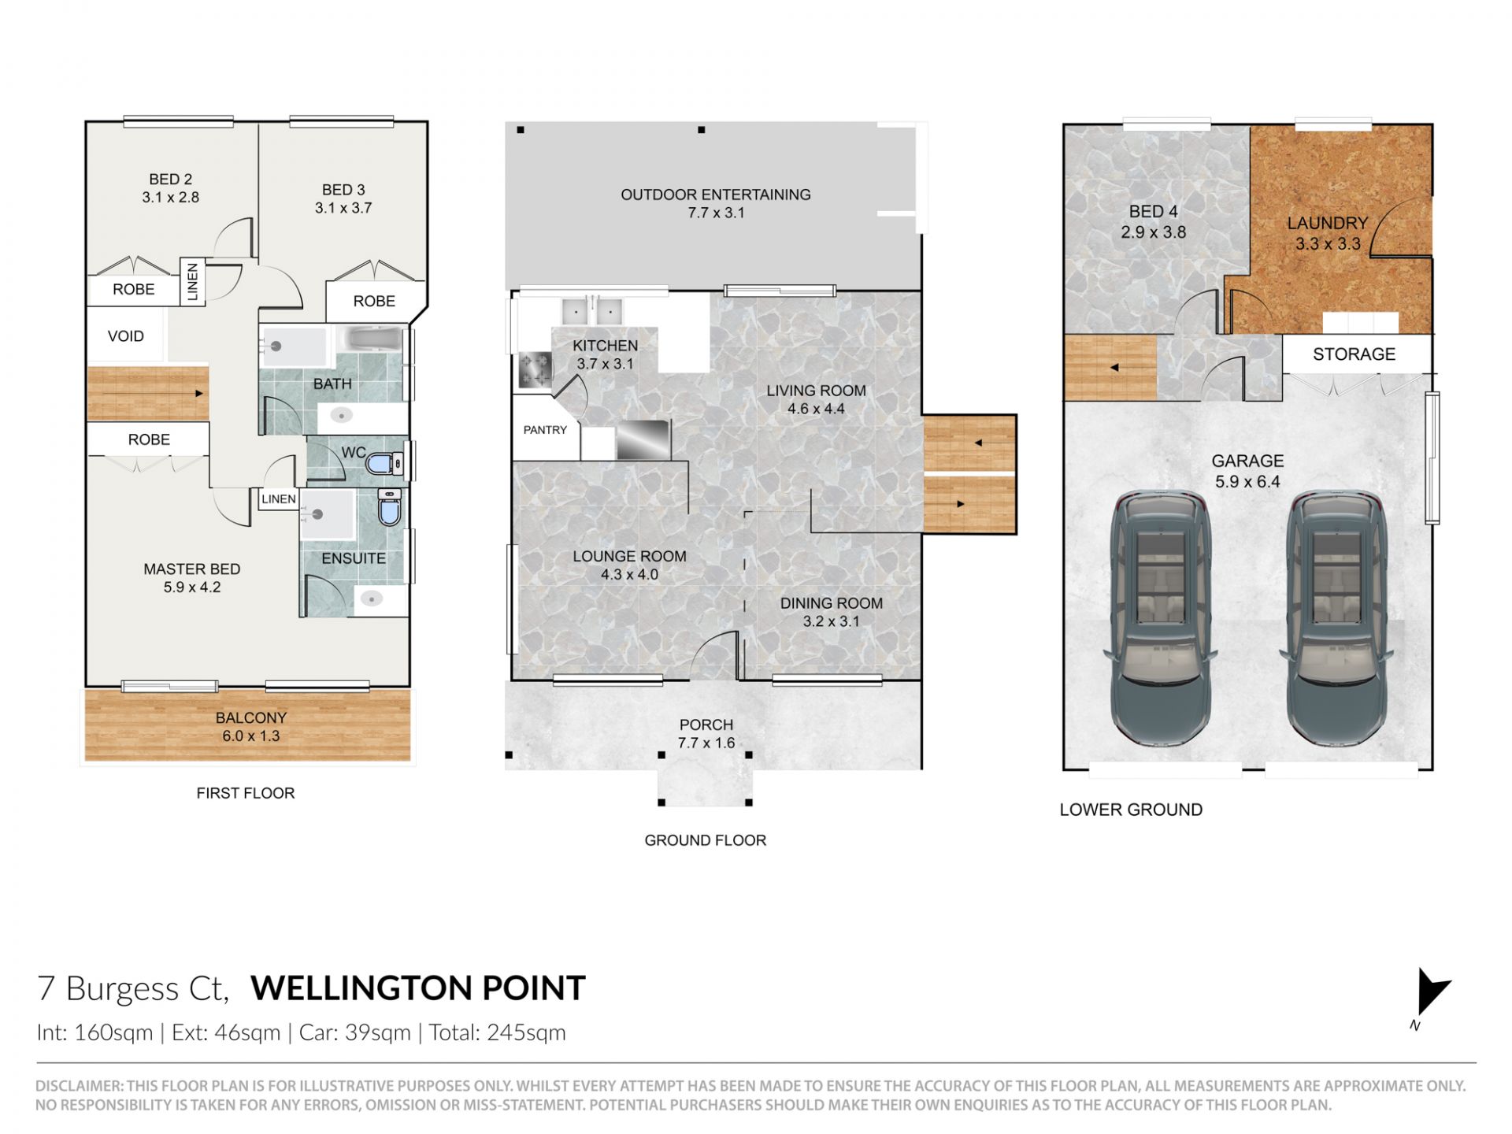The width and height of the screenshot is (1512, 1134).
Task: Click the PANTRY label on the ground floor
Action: tap(545, 430)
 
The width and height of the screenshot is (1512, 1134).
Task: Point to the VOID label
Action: tap(126, 336)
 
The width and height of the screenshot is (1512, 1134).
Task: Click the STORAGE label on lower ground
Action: tap(1354, 354)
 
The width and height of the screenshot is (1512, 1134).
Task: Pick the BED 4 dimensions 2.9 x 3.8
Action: tap(1153, 232)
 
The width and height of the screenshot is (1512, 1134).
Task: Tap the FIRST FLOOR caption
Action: tap(246, 793)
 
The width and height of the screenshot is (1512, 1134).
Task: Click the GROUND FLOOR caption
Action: tap(705, 840)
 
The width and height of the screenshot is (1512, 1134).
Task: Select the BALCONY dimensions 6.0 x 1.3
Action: tap(250, 736)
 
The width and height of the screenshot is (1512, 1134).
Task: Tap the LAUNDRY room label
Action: tap(1328, 224)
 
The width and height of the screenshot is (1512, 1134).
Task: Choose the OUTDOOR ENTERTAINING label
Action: tap(716, 195)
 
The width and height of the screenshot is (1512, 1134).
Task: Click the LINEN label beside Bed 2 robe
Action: tap(193, 282)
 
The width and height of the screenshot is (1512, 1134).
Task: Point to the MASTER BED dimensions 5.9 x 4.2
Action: tap(192, 587)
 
